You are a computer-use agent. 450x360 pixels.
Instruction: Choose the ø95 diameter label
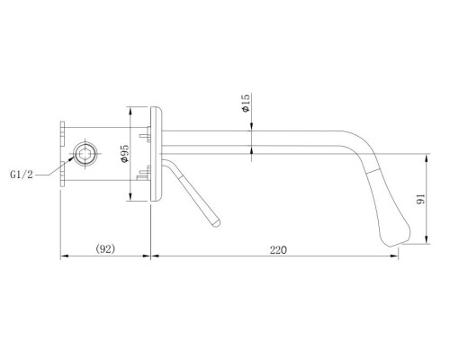[125, 154]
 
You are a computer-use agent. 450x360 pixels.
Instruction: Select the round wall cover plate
[158, 157]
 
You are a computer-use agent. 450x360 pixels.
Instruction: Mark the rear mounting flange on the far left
[63, 155]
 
